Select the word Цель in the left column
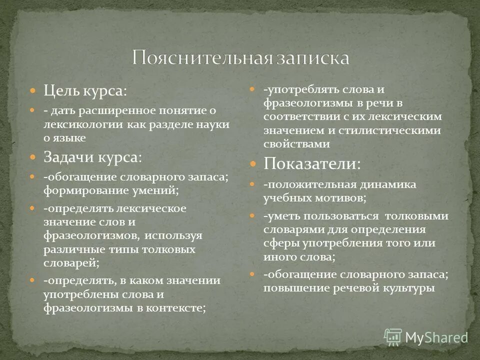pyautogui.click(x=59, y=91)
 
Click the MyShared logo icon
pyautogui.click(x=393, y=336)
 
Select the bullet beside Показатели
pyautogui.click(x=253, y=163)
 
